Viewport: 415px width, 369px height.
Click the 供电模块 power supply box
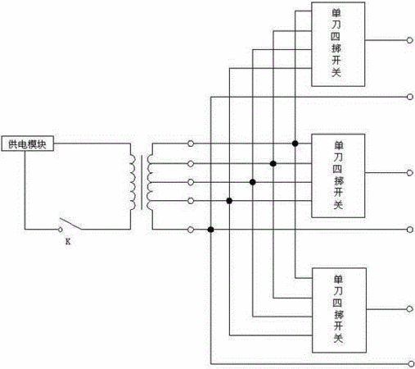pyautogui.click(x=27, y=143)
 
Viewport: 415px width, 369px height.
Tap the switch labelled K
pyautogui.click(x=70, y=225)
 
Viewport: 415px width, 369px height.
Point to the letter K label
pyautogui.click(x=68, y=242)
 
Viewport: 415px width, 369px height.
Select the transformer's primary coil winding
pyautogui.click(x=133, y=183)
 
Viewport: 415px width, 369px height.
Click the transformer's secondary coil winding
pyautogui.click(x=150, y=183)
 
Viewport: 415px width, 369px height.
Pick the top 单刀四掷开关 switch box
pyautogui.click(x=338, y=44)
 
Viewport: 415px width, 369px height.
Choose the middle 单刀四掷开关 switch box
pyautogui.click(x=338, y=175)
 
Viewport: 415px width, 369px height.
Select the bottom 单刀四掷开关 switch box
pyautogui.click(x=339, y=310)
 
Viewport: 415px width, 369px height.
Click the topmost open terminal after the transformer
pyautogui.click(x=191, y=143)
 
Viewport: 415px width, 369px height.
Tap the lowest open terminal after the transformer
pyautogui.click(x=191, y=230)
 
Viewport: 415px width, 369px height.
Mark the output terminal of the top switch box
pyautogui.click(x=409, y=40)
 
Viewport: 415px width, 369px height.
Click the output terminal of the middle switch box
pyautogui.click(x=409, y=173)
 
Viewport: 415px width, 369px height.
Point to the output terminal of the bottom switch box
pyautogui.click(x=409, y=309)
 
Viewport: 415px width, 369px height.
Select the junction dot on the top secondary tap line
pyautogui.click(x=295, y=143)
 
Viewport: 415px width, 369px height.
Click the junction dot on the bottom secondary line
pyautogui.click(x=210, y=230)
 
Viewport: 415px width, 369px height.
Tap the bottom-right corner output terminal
pyautogui.click(x=411, y=364)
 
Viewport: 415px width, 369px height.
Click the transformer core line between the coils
pyautogui.click(x=142, y=183)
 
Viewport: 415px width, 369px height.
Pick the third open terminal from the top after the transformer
pyautogui.click(x=191, y=182)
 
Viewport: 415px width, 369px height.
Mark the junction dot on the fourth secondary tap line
pyautogui.click(x=229, y=201)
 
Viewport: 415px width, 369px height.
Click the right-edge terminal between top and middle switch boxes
pyautogui.click(x=409, y=97)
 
